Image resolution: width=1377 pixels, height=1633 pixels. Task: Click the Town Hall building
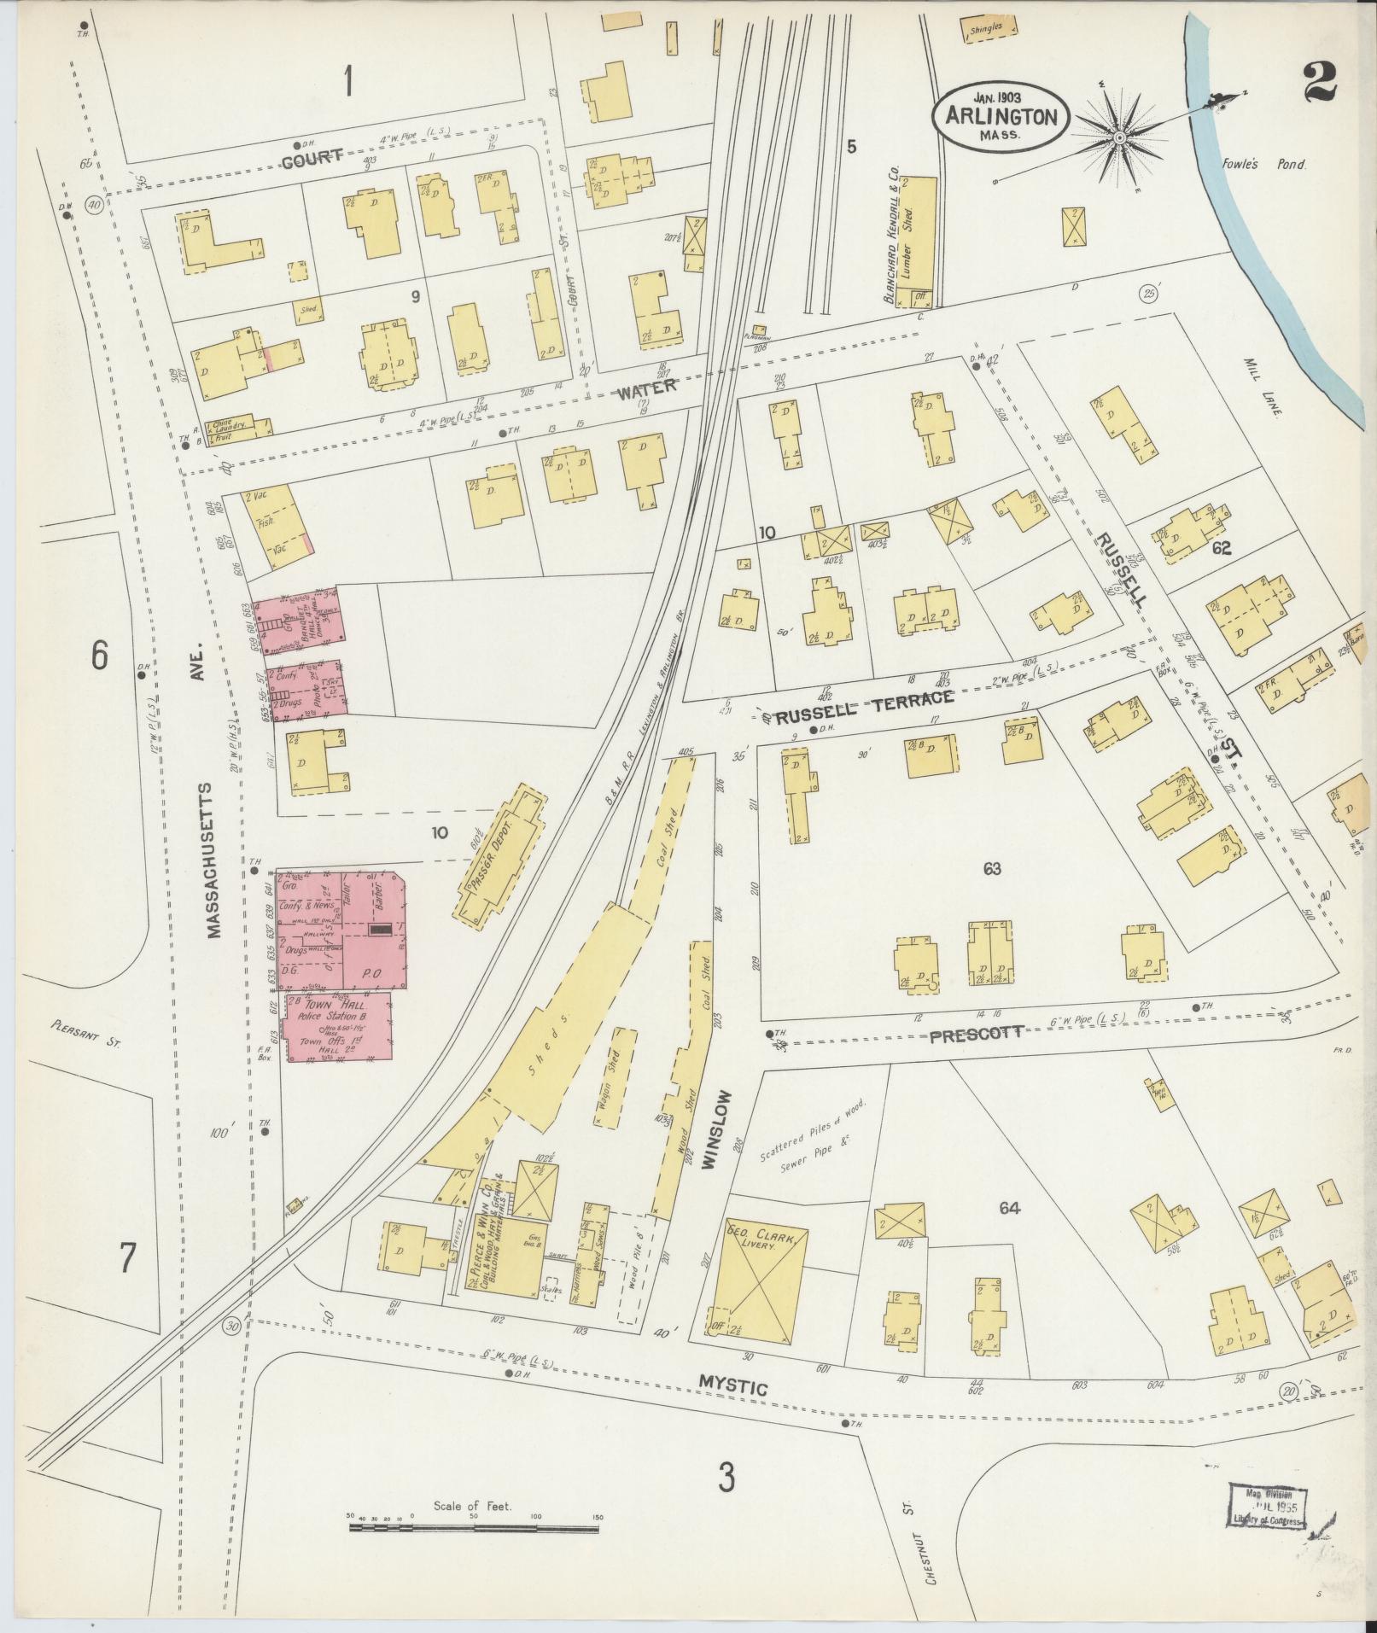click(339, 1027)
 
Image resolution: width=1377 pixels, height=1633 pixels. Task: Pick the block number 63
click(991, 869)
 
